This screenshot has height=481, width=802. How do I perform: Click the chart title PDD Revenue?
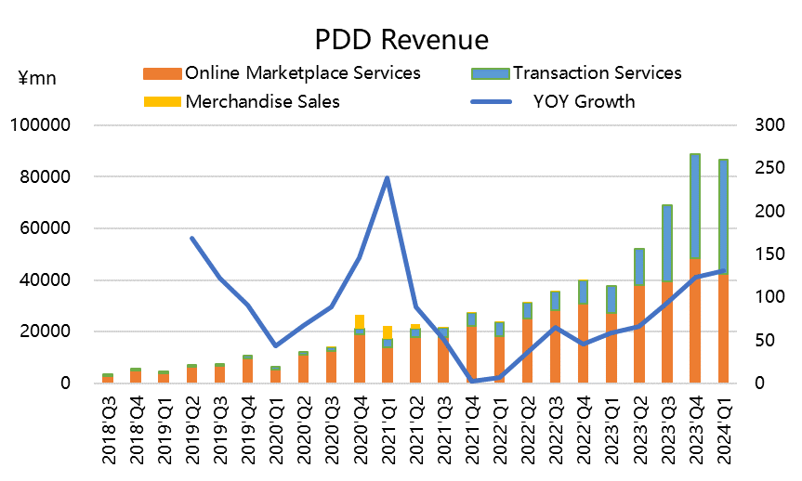(x=401, y=40)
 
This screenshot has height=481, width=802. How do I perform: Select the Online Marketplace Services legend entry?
(x=302, y=73)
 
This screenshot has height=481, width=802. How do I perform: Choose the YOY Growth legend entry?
(x=584, y=101)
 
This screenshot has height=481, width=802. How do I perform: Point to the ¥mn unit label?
(x=37, y=79)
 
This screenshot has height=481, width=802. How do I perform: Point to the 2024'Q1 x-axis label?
(x=722, y=433)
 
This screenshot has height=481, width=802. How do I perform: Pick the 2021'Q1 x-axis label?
(x=388, y=433)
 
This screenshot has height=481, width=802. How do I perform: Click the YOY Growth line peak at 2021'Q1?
(x=388, y=178)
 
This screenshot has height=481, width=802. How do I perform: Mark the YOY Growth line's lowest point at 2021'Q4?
(x=471, y=381)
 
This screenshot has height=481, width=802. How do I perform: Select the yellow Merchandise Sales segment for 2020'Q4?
(x=360, y=321)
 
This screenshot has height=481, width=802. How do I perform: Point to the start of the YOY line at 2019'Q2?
(x=192, y=238)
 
